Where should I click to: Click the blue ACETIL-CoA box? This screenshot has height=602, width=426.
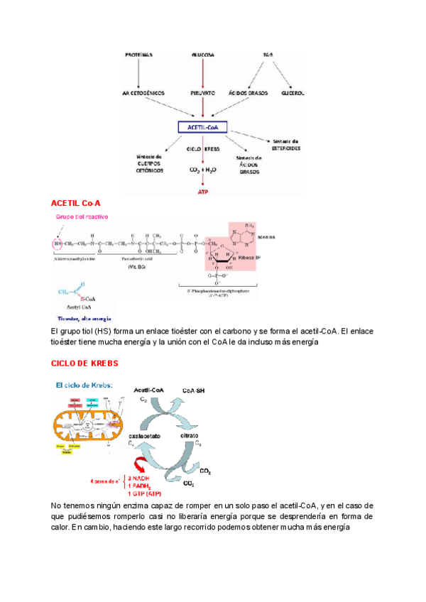tap(203, 127)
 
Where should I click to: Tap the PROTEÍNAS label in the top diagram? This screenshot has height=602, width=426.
tap(138, 55)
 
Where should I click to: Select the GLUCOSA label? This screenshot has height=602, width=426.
tap(203, 55)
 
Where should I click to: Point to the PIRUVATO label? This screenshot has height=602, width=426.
tap(203, 93)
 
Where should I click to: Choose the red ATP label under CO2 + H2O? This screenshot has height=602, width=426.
tap(203, 191)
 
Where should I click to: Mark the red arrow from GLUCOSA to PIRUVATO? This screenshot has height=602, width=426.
tap(203, 73)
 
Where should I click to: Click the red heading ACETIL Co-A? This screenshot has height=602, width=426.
tap(76, 204)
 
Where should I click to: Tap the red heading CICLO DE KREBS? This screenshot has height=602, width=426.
tap(84, 363)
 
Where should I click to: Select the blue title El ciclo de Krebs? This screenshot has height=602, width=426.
tap(82, 385)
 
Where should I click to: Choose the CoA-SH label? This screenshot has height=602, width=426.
tap(195, 390)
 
